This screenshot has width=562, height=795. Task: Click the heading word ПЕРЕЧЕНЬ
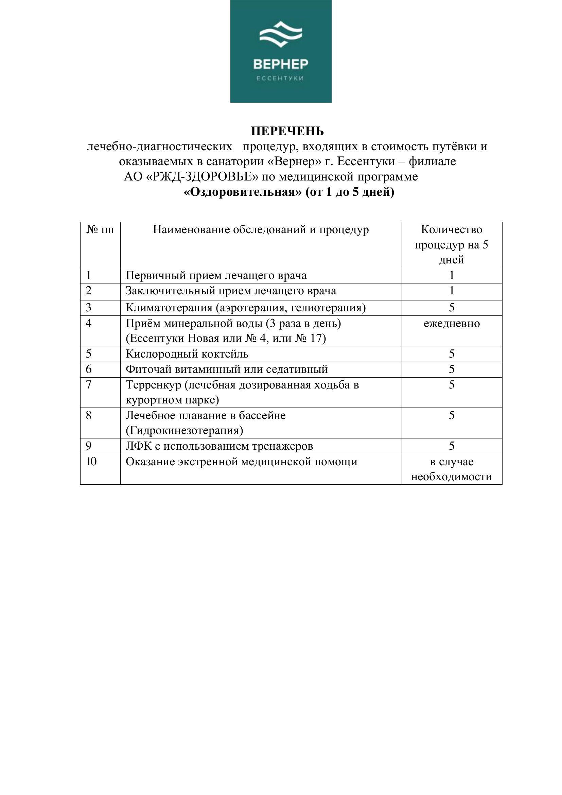287,131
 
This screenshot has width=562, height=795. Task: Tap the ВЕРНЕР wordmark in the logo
281,64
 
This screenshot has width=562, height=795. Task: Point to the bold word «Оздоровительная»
243,192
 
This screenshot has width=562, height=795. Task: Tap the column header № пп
100,229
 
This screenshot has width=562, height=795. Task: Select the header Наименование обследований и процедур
261,229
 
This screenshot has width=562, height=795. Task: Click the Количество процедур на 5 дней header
451,244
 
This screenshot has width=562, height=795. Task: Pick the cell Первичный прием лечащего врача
216,276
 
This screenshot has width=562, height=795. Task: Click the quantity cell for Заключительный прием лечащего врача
451,291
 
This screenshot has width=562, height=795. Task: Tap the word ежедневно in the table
452,323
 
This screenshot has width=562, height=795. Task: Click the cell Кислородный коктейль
187,354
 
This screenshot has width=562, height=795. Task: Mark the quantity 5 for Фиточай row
451,369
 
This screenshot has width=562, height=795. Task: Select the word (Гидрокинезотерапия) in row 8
185,430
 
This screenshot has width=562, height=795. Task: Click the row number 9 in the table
89,446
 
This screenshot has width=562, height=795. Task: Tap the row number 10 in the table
91,462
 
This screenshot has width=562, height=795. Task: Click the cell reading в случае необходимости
451,469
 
